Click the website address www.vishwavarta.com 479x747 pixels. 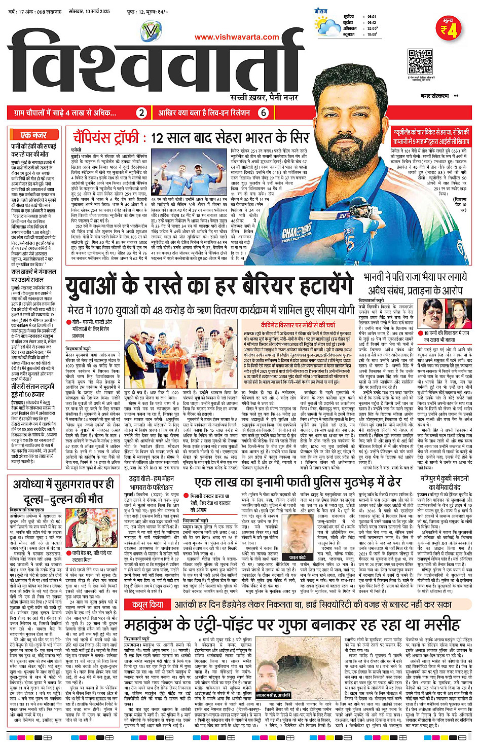[237, 37]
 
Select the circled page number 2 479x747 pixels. [142, 113]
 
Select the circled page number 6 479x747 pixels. [263, 113]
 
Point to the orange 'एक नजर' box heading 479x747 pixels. [34, 135]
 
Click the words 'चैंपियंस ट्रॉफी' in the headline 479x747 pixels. [107, 137]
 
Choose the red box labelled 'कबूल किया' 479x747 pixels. [148, 605]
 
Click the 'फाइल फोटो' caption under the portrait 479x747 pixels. [298, 543]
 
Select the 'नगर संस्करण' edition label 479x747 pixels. [435, 96]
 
